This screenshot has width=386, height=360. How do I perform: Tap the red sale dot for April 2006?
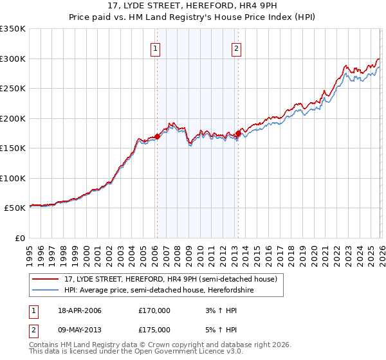[157, 136]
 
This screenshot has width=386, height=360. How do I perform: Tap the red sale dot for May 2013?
[237, 134]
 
